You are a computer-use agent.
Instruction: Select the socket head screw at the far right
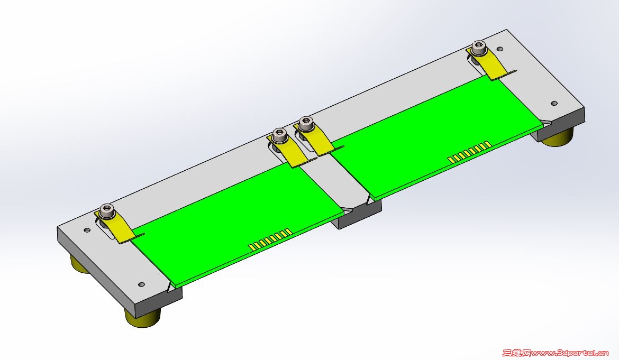click(x=479, y=48)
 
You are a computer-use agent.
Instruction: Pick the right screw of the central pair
click(x=305, y=125)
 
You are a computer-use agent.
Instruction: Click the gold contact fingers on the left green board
click(x=270, y=239)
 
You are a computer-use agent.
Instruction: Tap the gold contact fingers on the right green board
click(x=469, y=151)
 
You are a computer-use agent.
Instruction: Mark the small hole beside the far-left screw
click(x=87, y=230)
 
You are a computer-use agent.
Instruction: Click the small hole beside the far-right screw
click(x=500, y=49)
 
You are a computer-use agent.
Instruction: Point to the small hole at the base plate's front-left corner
click(x=141, y=284)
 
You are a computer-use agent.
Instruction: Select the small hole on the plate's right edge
click(x=554, y=103)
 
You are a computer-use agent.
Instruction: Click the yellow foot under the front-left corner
click(x=142, y=317)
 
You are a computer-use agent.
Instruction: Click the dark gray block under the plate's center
click(x=360, y=216)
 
